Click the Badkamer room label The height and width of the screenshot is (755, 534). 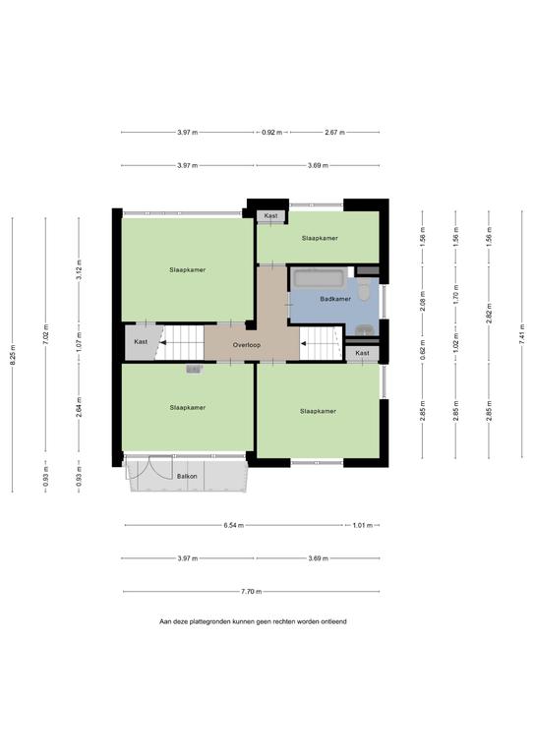[x=335, y=299]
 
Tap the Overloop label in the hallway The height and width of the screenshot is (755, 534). [x=247, y=345]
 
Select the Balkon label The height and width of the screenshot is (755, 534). [x=187, y=476]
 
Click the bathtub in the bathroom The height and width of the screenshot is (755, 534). [x=319, y=279]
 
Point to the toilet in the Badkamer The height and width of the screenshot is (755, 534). [x=364, y=290]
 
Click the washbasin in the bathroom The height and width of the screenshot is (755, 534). [x=366, y=330]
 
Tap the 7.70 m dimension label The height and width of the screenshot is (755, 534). [x=252, y=591]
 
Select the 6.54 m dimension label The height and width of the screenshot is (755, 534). [x=233, y=525]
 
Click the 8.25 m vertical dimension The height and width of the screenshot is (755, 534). [x=13, y=354]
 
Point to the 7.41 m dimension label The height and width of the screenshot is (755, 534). [x=522, y=333]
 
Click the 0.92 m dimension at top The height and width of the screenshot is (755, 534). [x=272, y=133]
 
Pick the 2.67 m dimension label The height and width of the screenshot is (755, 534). [x=334, y=133]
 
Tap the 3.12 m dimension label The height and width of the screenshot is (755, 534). [x=80, y=269]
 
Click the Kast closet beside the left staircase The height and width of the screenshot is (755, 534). [x=141, y=342]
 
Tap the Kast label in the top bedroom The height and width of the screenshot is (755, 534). [x=271, y=216]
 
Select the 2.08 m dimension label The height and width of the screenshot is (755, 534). [x=422, y=302]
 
